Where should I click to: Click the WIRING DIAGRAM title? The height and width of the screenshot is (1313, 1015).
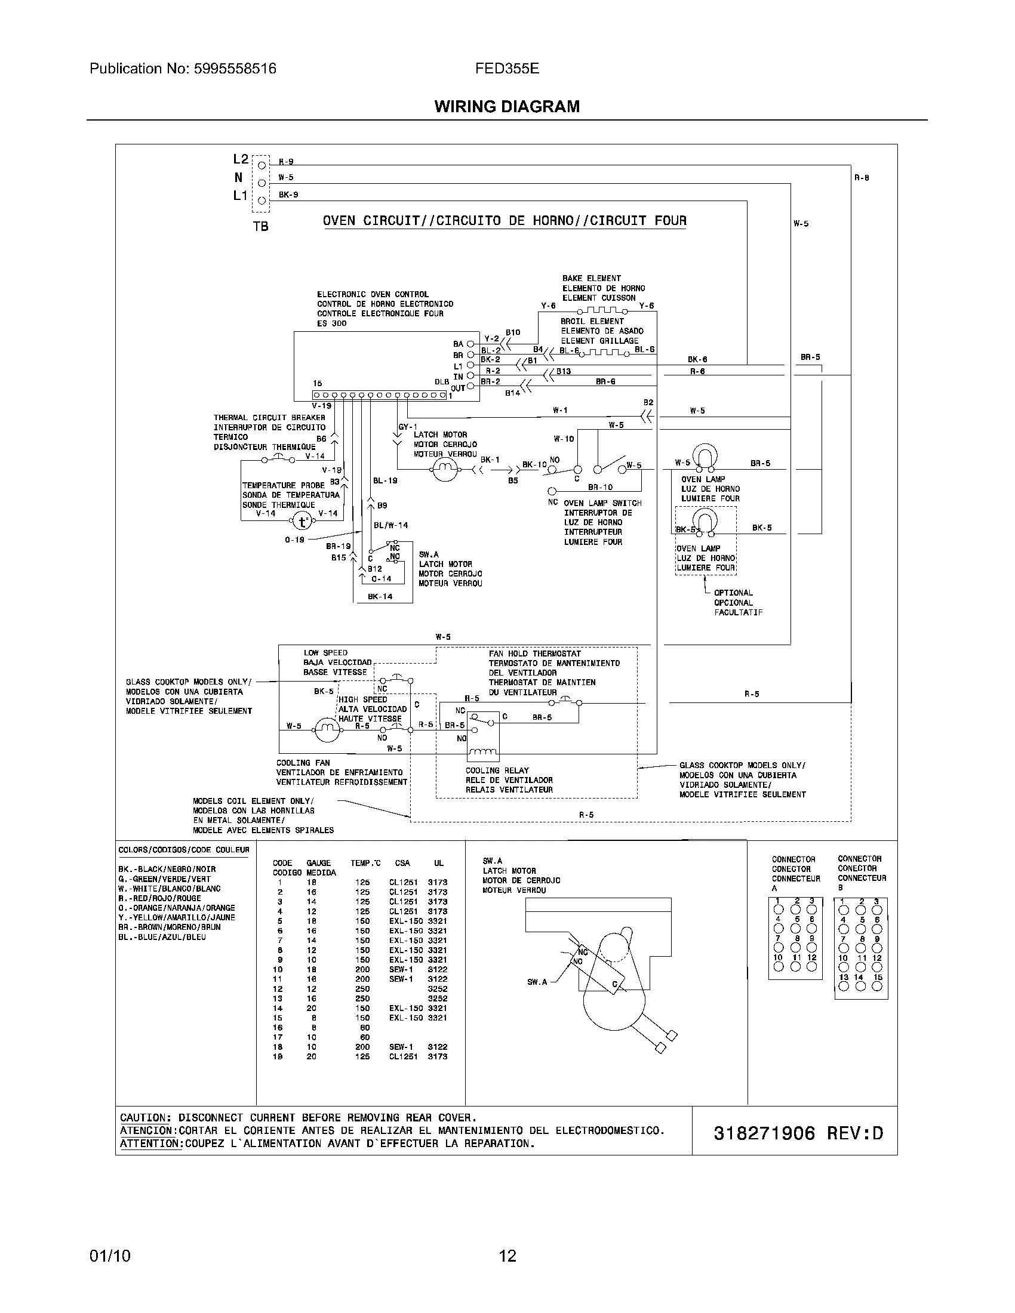pyautogui.click(x=507, y=106)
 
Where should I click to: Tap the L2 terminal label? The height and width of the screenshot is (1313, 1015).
pyautogui.click(x=241, y=159)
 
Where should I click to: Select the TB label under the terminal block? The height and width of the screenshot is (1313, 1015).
pyautogui.click(x=260, y=227)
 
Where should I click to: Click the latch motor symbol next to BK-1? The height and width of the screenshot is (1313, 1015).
pyautogui.click(x=445, y=469)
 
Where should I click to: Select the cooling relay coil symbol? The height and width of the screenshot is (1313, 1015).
pyautogui.click(x=483, y=753)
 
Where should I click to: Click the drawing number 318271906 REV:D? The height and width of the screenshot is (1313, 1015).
pyautogui.click(x=798, y=1133)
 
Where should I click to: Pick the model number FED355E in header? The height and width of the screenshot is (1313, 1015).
pyautogui.click(x=507, y=69)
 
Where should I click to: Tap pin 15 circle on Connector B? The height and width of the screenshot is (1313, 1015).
pyautogui.click(x=877, y=986)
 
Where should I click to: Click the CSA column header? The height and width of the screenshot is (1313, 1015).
pyautogui.click(x=402, y=864)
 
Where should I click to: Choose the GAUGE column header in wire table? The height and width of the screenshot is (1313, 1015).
pyautogui.click(x=318, y=864)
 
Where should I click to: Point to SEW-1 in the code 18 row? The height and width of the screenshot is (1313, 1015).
pyautogui.click(x=401, y=1047)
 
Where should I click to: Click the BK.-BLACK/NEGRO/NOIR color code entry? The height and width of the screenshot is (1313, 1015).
pyautogui.click(x=167, y=870)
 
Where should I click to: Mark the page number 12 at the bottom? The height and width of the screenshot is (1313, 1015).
pyautogui.click(x=507, y=1256)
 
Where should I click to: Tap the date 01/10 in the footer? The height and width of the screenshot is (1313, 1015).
pyautogui.click(x=109, y=1256)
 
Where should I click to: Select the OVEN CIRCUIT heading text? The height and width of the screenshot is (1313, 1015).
pyautogui.click(x=504, y=221)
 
